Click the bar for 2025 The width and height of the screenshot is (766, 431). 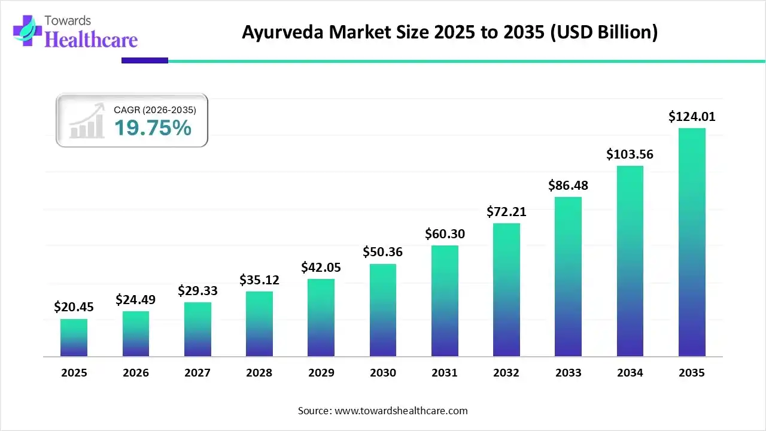[x=74, y=338]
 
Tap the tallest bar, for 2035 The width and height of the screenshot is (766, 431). [x=692, y=242]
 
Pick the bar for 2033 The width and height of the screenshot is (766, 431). [x=568, y=277]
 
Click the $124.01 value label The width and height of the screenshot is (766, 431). [x=692, y=116]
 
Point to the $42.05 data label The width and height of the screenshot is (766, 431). [x=321, y=267]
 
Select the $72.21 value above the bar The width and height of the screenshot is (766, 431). [x=506, y=211]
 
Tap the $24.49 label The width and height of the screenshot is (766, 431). [x=136, y=299]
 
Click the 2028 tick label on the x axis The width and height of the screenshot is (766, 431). [x=259, y=373]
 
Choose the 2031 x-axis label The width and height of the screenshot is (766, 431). [x=445, y=373]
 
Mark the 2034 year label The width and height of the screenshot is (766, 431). [x=630, y=373]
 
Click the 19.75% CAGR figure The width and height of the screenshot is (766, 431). [x=153, y=128]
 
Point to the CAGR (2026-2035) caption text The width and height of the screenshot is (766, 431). [x=154, y=110]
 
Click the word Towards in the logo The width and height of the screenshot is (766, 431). [x=71, y=21]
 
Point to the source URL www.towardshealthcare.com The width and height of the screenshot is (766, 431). [x=400, y=411]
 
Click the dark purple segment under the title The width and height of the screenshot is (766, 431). [x=145, y=60]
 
